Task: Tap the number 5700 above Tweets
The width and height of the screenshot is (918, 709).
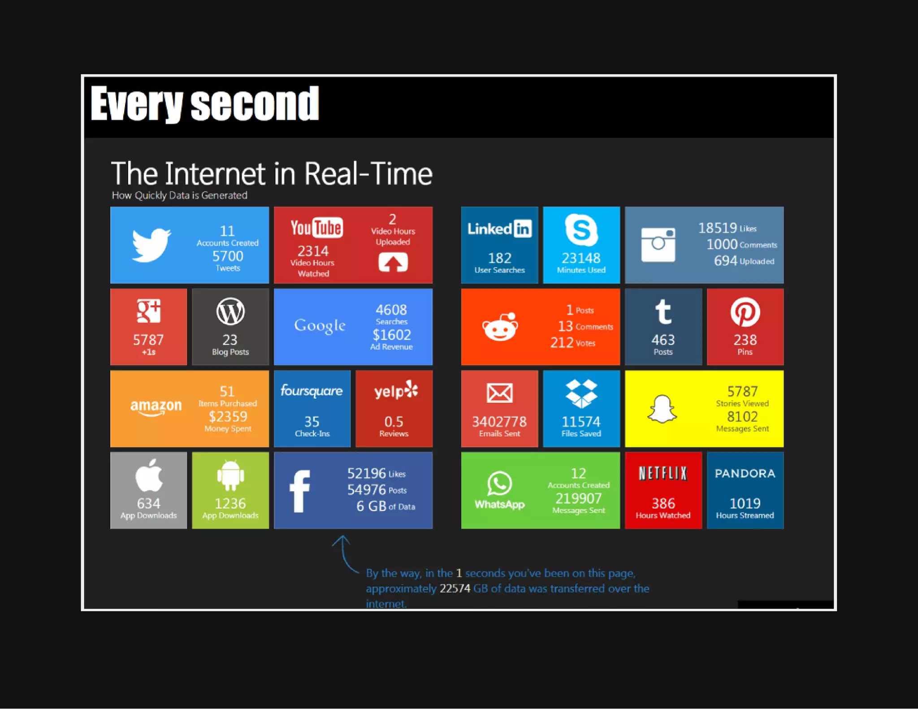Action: (x=228, y=256)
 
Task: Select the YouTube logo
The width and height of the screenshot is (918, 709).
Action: (x=316, y=228)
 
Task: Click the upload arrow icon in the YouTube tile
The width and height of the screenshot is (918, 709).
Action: (x=393, y=262)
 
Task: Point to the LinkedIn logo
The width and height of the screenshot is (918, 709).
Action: (x=499, y=229)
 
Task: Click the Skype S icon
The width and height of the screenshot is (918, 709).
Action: (x=581, y=230)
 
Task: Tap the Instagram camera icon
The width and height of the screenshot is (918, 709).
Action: (x=658, y=245)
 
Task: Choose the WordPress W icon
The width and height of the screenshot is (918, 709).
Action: (x=230, y=311)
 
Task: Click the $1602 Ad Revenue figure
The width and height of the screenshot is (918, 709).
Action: (x=392, y=335)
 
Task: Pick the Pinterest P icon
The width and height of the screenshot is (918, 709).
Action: (x=745, y=312)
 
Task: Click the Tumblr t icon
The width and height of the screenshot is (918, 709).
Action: (x=663, y=311)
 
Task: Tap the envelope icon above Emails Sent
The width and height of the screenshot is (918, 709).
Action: (x=500, y=393)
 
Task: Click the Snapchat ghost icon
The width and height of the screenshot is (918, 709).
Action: (x=662, y=409)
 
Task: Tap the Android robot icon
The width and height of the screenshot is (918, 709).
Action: (x=230, y=476)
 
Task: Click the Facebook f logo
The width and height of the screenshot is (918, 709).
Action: (x=299, y=491)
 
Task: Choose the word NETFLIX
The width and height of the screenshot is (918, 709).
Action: (x=663, y=473)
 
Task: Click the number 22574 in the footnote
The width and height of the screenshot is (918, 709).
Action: (x=455, y=588)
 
